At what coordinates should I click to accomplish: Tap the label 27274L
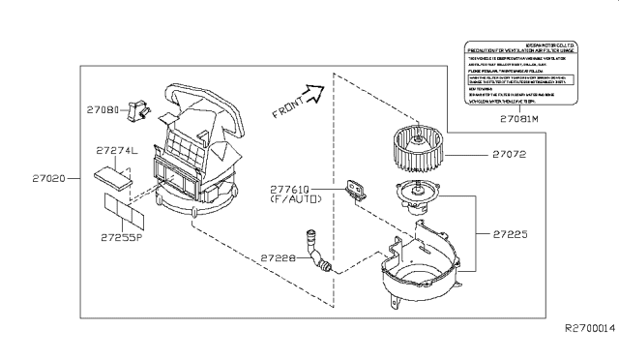pyautogui.click(x=118, y=151)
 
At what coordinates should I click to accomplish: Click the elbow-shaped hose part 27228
pyautogui.click(x=316, y=249)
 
